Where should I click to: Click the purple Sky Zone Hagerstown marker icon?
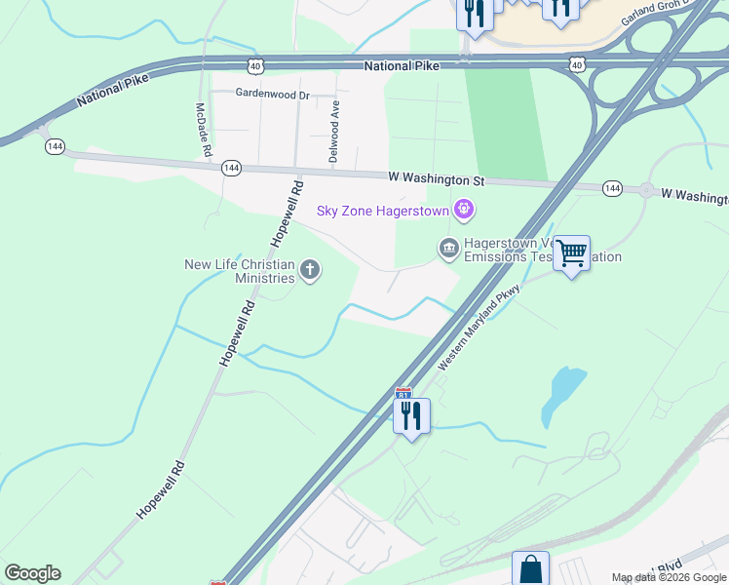coord(464,210)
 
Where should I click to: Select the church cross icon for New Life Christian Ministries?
coord(310,270)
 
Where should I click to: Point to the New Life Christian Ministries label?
coord(240,271)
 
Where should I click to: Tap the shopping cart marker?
coord(571,253)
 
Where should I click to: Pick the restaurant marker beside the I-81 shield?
coord(410,417)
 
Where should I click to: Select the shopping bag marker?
coord(530,569)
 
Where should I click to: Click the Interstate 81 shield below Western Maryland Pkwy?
coord(403,394)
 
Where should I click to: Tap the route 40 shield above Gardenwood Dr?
coord(255,65)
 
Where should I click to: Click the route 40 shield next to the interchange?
coord(578,65)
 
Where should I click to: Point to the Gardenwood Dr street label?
coord(272,95)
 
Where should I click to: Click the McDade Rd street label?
coord(203,131)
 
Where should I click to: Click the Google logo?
coord(32,573)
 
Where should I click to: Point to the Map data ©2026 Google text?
coord(670,578)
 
